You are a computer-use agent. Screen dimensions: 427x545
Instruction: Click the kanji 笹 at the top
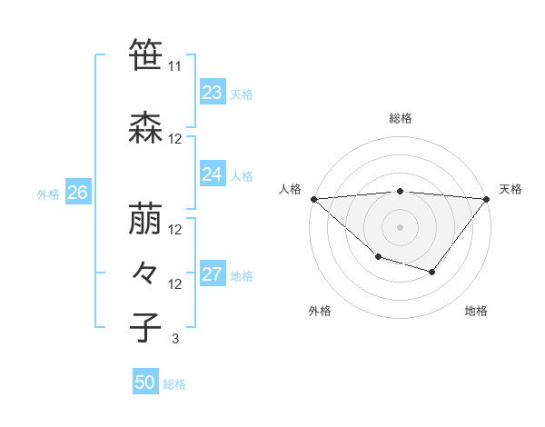144,55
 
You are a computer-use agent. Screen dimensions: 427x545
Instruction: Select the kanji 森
144,128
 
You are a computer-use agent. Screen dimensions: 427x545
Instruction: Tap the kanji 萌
144,219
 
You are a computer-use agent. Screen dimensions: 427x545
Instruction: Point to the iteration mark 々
144,273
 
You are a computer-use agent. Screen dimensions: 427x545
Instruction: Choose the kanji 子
144,327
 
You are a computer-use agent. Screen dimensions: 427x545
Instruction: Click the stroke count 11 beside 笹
175,66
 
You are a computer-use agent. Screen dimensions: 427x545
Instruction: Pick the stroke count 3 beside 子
174,339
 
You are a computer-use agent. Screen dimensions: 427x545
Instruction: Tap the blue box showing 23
213,93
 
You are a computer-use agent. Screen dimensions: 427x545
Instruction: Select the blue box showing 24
213,174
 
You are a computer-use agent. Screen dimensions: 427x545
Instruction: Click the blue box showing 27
213,274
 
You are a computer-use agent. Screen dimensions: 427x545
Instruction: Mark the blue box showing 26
78,193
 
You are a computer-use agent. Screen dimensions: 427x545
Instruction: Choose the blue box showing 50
145,382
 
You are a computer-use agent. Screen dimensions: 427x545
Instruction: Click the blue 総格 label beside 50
174,384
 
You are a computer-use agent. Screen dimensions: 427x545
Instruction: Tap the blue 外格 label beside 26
48,194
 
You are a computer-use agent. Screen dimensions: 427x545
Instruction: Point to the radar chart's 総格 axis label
400,118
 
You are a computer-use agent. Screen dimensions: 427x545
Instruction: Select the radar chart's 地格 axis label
476,312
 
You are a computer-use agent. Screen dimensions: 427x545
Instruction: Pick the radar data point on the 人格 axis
313,198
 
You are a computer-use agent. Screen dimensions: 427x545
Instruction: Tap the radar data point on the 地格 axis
432,272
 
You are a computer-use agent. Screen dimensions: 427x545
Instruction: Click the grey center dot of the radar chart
400,226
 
